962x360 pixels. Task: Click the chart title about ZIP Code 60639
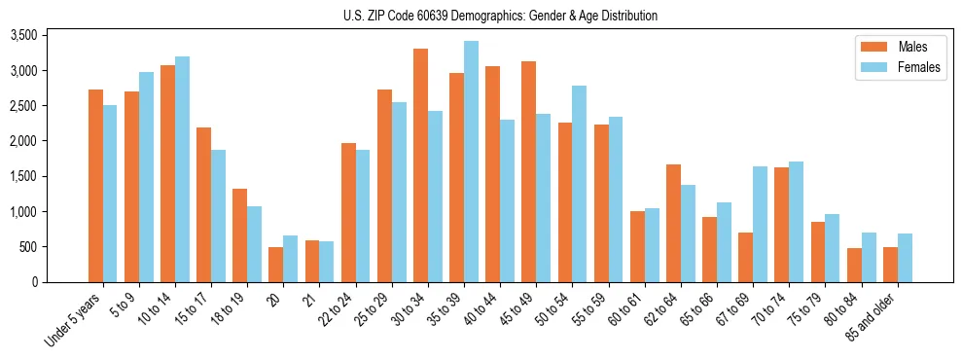point(500,16)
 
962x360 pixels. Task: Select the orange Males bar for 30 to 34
point(420,165)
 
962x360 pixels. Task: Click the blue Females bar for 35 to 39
point(471,162)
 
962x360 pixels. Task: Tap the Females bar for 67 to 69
point(760,224)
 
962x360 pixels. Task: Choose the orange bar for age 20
point(276,265)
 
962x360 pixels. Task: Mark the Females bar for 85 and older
point(905,258)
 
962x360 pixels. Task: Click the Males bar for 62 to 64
point(673,223)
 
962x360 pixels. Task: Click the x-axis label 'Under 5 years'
point(75,320)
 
